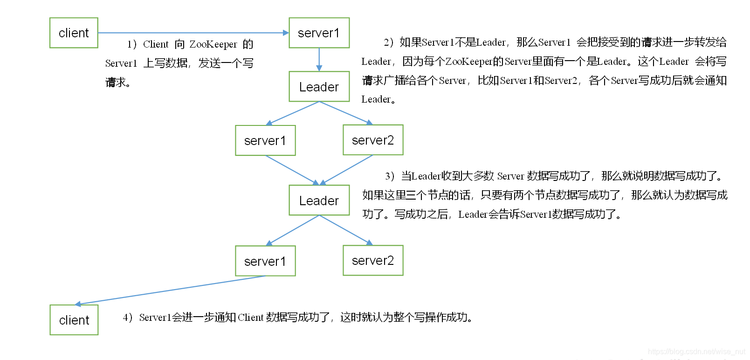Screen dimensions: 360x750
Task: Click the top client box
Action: [x=74, y=33]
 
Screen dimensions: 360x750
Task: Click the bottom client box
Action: [x=74, y=320]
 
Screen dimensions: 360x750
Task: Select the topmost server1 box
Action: [x=319, y=33]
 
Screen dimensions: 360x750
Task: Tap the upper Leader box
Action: [x=319, y=87]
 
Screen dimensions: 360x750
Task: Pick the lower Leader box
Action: [x=319, y=201]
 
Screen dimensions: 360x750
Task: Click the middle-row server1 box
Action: [x=265, y=140]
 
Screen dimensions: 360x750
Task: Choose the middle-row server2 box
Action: [x=373, y=140]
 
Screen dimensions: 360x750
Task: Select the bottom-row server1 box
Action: [x=265, y=261]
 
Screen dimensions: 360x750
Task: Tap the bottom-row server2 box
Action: [x=373, y=260]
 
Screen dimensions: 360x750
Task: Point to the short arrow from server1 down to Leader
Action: [x=319, y=59]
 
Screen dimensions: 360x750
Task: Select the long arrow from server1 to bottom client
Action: [x=170, y=290]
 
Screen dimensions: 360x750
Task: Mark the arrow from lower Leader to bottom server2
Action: [x=346, y=230]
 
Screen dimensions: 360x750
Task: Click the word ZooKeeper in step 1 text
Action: [x=213, y=44]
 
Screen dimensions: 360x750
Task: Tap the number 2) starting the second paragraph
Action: [x=389, y=42]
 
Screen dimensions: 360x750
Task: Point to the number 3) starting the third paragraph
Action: [x=390, y=176]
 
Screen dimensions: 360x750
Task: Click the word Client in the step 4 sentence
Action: [x=251, y=318]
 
